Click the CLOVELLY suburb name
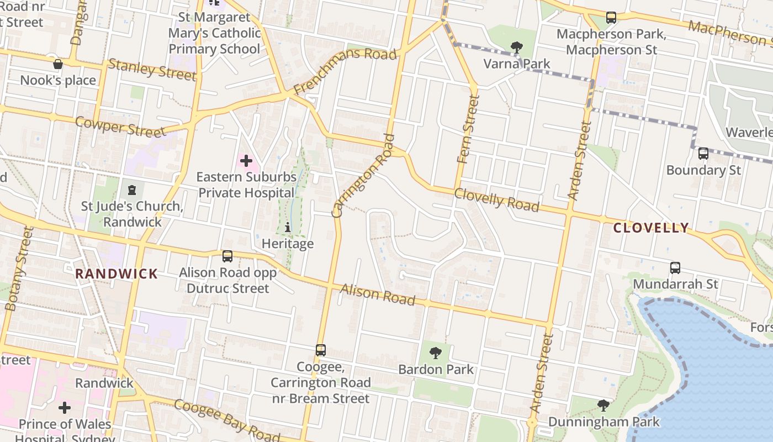pos(651,228)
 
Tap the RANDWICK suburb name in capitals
pos(117,273)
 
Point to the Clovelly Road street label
pos(496,200)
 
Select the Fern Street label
pos(468,129)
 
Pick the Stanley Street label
pos(152,69)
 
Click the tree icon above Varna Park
pos(517,48)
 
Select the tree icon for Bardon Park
pos(436,352)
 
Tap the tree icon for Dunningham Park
pos(603,406)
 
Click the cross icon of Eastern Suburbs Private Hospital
pos(246,161)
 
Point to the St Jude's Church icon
pos(131,190)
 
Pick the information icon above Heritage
pos(287,227)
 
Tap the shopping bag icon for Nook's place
pos(58,65)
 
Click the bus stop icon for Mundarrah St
pos(675,268)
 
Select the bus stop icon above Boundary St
pos(703,154)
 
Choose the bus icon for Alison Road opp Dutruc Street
pos(227,256)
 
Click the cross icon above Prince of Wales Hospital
pos(65,408)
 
